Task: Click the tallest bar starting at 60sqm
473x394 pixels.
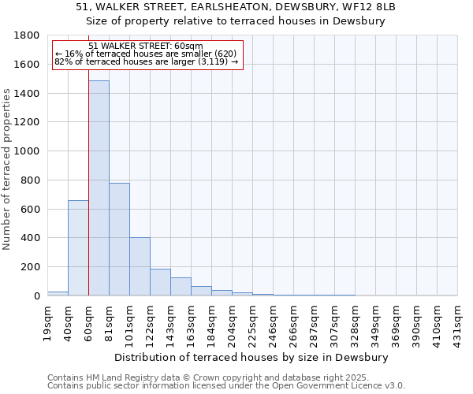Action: click(x=99, y=189)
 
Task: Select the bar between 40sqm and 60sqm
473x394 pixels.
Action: click(x=78, y=248)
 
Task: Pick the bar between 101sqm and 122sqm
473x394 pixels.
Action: click(x=140, y=266)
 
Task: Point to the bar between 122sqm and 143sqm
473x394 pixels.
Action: click(x=160, y=282)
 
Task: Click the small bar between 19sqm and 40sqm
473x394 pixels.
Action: click(x=58, y=293)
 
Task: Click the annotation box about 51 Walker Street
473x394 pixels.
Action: click(x=147, y=54)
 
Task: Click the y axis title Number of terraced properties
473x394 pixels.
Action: click(x=7, y=169)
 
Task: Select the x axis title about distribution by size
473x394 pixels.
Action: click(x=256, y=357)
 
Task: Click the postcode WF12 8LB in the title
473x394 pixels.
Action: click(x=370, y=7)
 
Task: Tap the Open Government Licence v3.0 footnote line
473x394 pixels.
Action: click(x=226, y=386)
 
